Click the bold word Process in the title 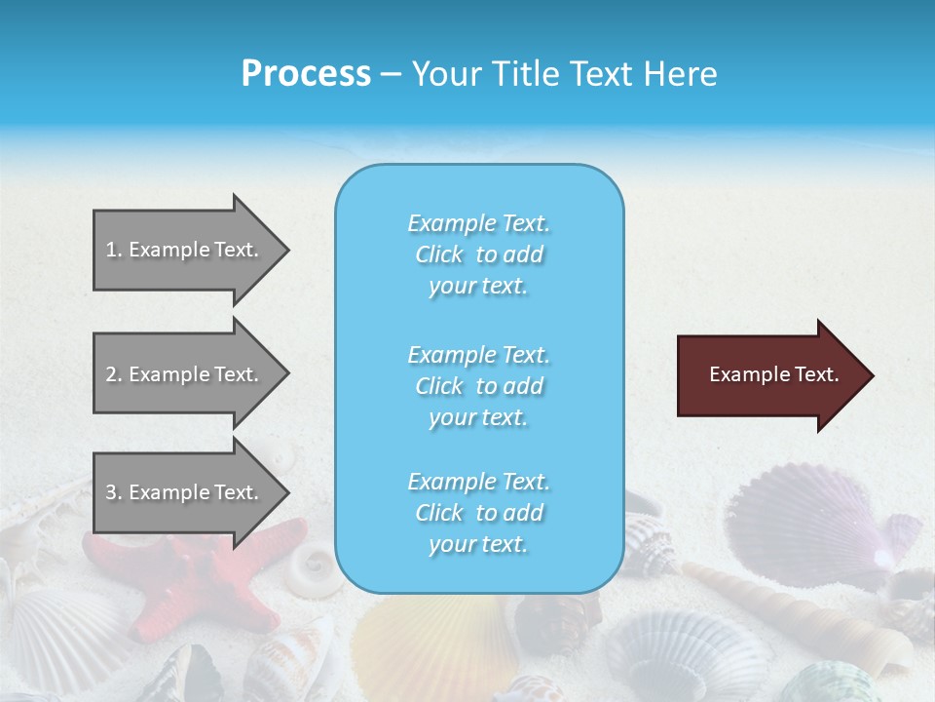point(306,74)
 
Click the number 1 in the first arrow point(111,250)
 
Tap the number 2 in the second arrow point(111,374)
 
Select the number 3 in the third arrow point(111,492)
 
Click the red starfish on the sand point(195,575)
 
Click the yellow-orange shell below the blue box point(429,643)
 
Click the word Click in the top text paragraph point(439,254)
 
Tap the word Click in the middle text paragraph point(439,386)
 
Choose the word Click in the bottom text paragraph point(439,513)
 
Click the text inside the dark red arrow point(774,374)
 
